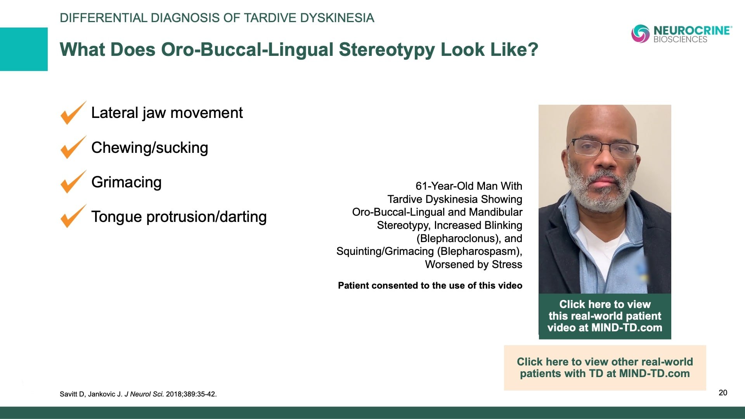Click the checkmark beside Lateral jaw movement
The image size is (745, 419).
point(72,114)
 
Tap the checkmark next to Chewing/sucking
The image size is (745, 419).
point(72,148)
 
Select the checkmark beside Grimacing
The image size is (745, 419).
point(72,182)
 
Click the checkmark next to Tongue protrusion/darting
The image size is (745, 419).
point(72,217)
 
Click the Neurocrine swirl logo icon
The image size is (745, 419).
point(640,34)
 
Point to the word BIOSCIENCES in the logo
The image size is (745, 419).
point(680,40)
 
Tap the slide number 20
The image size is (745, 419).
point(723,393)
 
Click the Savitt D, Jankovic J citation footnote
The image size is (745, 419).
point(138,394)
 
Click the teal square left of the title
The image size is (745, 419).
point(24,49)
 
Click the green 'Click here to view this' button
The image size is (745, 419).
point(605,316)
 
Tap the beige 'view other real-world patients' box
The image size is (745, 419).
point(605,367)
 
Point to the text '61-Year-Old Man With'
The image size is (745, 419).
point(469,186)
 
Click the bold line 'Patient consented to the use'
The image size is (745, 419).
point(430,286)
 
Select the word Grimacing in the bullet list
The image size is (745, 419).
point(126,182)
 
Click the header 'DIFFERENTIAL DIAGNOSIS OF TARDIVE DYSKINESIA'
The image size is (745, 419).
point(217,18)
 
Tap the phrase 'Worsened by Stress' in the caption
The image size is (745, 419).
point(473,265)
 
